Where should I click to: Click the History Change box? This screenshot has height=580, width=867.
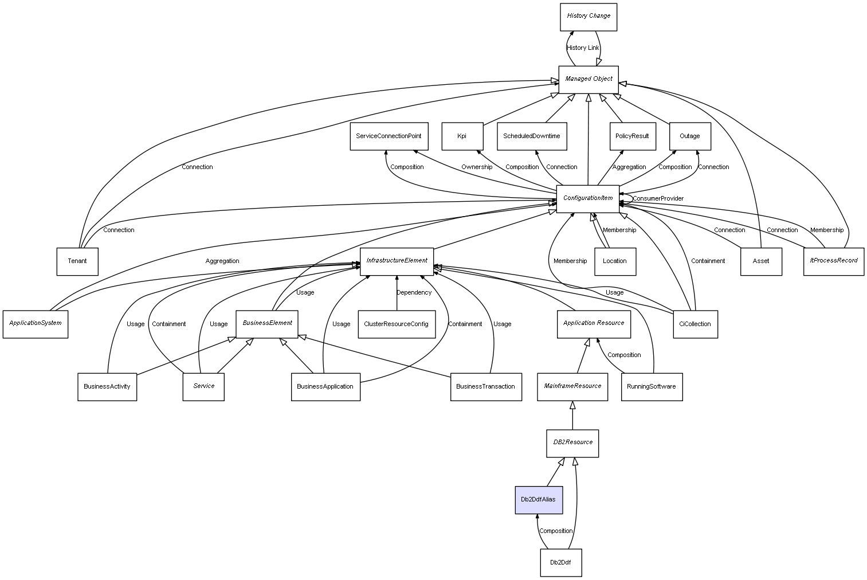[x=589, y=17]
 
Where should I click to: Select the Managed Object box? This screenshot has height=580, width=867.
[x=589, y=80]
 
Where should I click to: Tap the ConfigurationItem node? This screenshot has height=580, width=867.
[x=587, y=199]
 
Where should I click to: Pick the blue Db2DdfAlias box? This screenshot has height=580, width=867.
[x=539, y=500]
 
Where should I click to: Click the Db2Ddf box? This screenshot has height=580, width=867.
[x=561, y=563]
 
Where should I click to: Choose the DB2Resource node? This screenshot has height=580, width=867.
[x=572, y=444]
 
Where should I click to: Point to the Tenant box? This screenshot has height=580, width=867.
[x=77, y=262]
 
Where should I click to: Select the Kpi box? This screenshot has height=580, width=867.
[x=462, y=136]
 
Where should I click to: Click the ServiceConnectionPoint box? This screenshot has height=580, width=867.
[x=389, y=136]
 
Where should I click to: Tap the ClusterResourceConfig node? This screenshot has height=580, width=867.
[x=397, y=324]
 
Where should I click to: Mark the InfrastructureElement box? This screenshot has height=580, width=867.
[x=397, y=262]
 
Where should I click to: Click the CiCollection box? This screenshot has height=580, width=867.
[x=696, y=324]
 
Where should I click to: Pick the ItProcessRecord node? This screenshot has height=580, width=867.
[x=834, y=262]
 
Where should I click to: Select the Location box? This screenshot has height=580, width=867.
[x=615, y=262]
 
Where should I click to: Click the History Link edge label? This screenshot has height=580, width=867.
[x=583, y=48]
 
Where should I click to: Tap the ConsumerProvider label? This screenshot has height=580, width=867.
[x=658, y=199]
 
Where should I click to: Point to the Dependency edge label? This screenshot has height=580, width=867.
[x=414, y=293]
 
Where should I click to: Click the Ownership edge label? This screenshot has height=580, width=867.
[x=477, y=167]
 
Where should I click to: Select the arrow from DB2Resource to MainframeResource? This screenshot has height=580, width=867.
[x=572, y=416]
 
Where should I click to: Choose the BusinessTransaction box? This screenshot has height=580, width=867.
[x=486, y=387]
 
